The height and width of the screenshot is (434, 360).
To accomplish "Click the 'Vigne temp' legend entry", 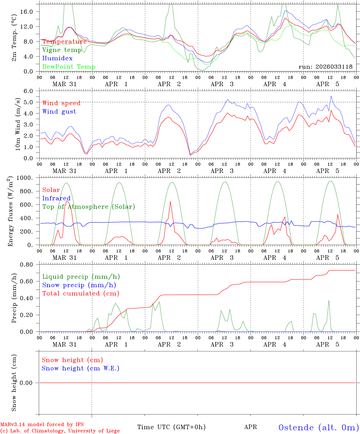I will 62,50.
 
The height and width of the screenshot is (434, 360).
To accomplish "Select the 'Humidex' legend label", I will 57,58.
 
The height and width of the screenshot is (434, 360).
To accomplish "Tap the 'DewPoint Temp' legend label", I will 69,67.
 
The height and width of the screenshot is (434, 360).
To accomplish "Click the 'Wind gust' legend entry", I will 59,112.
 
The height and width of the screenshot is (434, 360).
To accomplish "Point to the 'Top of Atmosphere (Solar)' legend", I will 89,207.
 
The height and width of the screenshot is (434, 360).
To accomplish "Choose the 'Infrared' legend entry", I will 56,198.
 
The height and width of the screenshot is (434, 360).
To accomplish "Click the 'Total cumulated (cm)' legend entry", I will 81,294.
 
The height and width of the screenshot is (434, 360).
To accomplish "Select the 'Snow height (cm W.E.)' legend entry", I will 81,369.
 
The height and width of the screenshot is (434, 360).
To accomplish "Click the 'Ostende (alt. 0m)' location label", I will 319,427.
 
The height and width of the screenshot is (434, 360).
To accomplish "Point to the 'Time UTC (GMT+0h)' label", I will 171,427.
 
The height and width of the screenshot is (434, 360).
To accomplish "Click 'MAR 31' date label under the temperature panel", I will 65,84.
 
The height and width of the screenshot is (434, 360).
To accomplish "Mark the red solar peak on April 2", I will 170,201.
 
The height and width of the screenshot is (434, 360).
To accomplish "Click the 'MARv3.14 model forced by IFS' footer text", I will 42,425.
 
